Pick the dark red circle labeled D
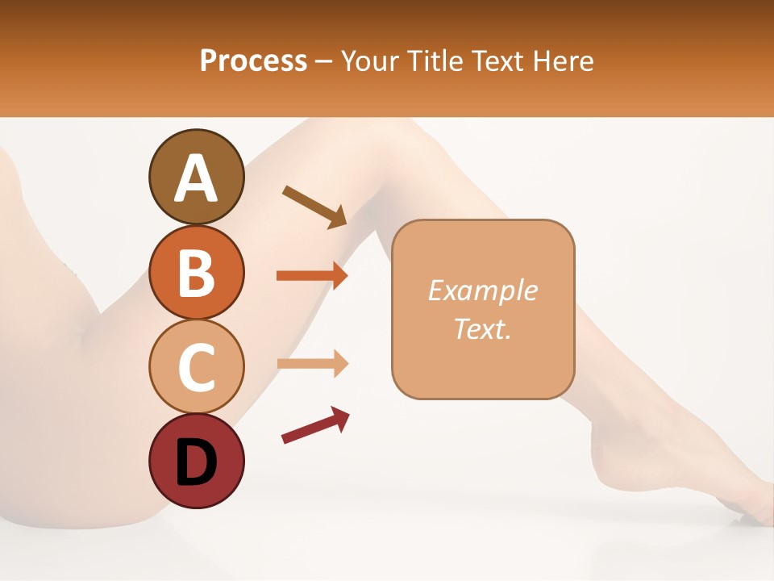196,461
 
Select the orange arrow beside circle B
312,276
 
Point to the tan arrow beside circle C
312,364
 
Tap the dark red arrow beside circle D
315,425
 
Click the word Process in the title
253,61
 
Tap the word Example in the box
483,290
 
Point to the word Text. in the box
483,328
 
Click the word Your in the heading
367,61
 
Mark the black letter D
196,462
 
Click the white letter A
196,178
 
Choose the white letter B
196,273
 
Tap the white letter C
196,367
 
